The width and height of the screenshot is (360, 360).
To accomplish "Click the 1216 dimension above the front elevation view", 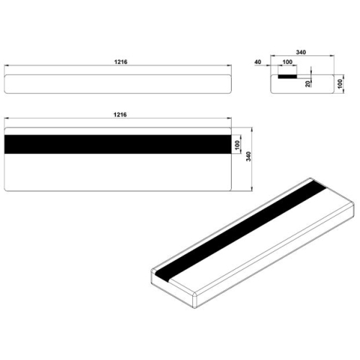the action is pyautogui.click(x=120, y=62).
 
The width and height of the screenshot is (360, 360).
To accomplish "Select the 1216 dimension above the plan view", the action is pyautogui.click(x=120, y=114).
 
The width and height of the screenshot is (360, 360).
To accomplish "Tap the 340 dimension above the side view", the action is pyautogui.click(x=301, y=52).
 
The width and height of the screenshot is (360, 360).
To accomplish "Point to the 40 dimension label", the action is pyautogui.click(x=258, y=62).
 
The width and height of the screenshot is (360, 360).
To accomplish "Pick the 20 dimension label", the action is pyautogui.click(x=308, y=84).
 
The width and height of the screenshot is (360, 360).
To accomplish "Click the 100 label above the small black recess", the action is pyautogui.click(x=287, y=62).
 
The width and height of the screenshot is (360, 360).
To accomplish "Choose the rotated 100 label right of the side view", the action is pyautogui.click(x=341, y=84).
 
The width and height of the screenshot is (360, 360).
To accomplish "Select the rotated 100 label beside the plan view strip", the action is pyautogui.click(x=237, y=145).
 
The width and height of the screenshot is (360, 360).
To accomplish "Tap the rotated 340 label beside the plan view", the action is pyautogui.click(x=248, y=156).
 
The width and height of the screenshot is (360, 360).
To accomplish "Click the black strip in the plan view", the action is pyautogui.click(x=117, y=144).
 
